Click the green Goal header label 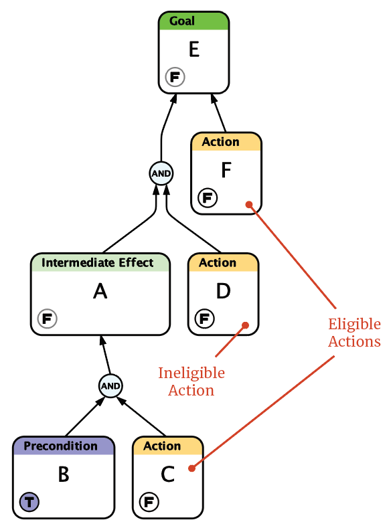182,21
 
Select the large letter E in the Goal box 194,49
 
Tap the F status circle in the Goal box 175,77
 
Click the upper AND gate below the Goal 161,173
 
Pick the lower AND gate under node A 110,385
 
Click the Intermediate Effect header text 97,262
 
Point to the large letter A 100,291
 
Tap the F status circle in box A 47,319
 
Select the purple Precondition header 61,446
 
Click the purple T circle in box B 29,502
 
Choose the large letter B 64,474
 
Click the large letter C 168,474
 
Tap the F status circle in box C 149,502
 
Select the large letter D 223,291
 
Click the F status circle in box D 205,319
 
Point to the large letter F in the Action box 226,170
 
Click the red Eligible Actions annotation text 354,333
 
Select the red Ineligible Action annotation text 191,381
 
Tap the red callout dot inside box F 249,204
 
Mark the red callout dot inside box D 246,325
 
